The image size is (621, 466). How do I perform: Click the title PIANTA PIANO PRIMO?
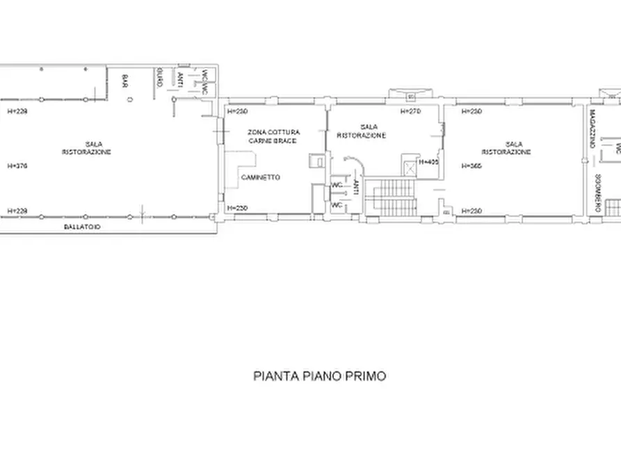(319, 376)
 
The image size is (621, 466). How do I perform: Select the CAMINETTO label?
(260, 177)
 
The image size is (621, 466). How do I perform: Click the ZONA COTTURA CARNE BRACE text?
(274, 136)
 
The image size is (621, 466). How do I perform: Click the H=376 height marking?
(17, 166)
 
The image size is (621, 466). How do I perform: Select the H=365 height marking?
(472, 166)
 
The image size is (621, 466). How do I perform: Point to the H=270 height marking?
(410, 111)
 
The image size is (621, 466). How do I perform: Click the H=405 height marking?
(428, 162)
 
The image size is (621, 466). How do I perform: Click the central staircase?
(394, 198)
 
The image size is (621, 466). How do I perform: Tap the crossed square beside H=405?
(408, 163)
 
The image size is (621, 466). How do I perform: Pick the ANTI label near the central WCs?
(355, 186)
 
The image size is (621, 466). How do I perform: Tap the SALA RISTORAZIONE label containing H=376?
(86, 147)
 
